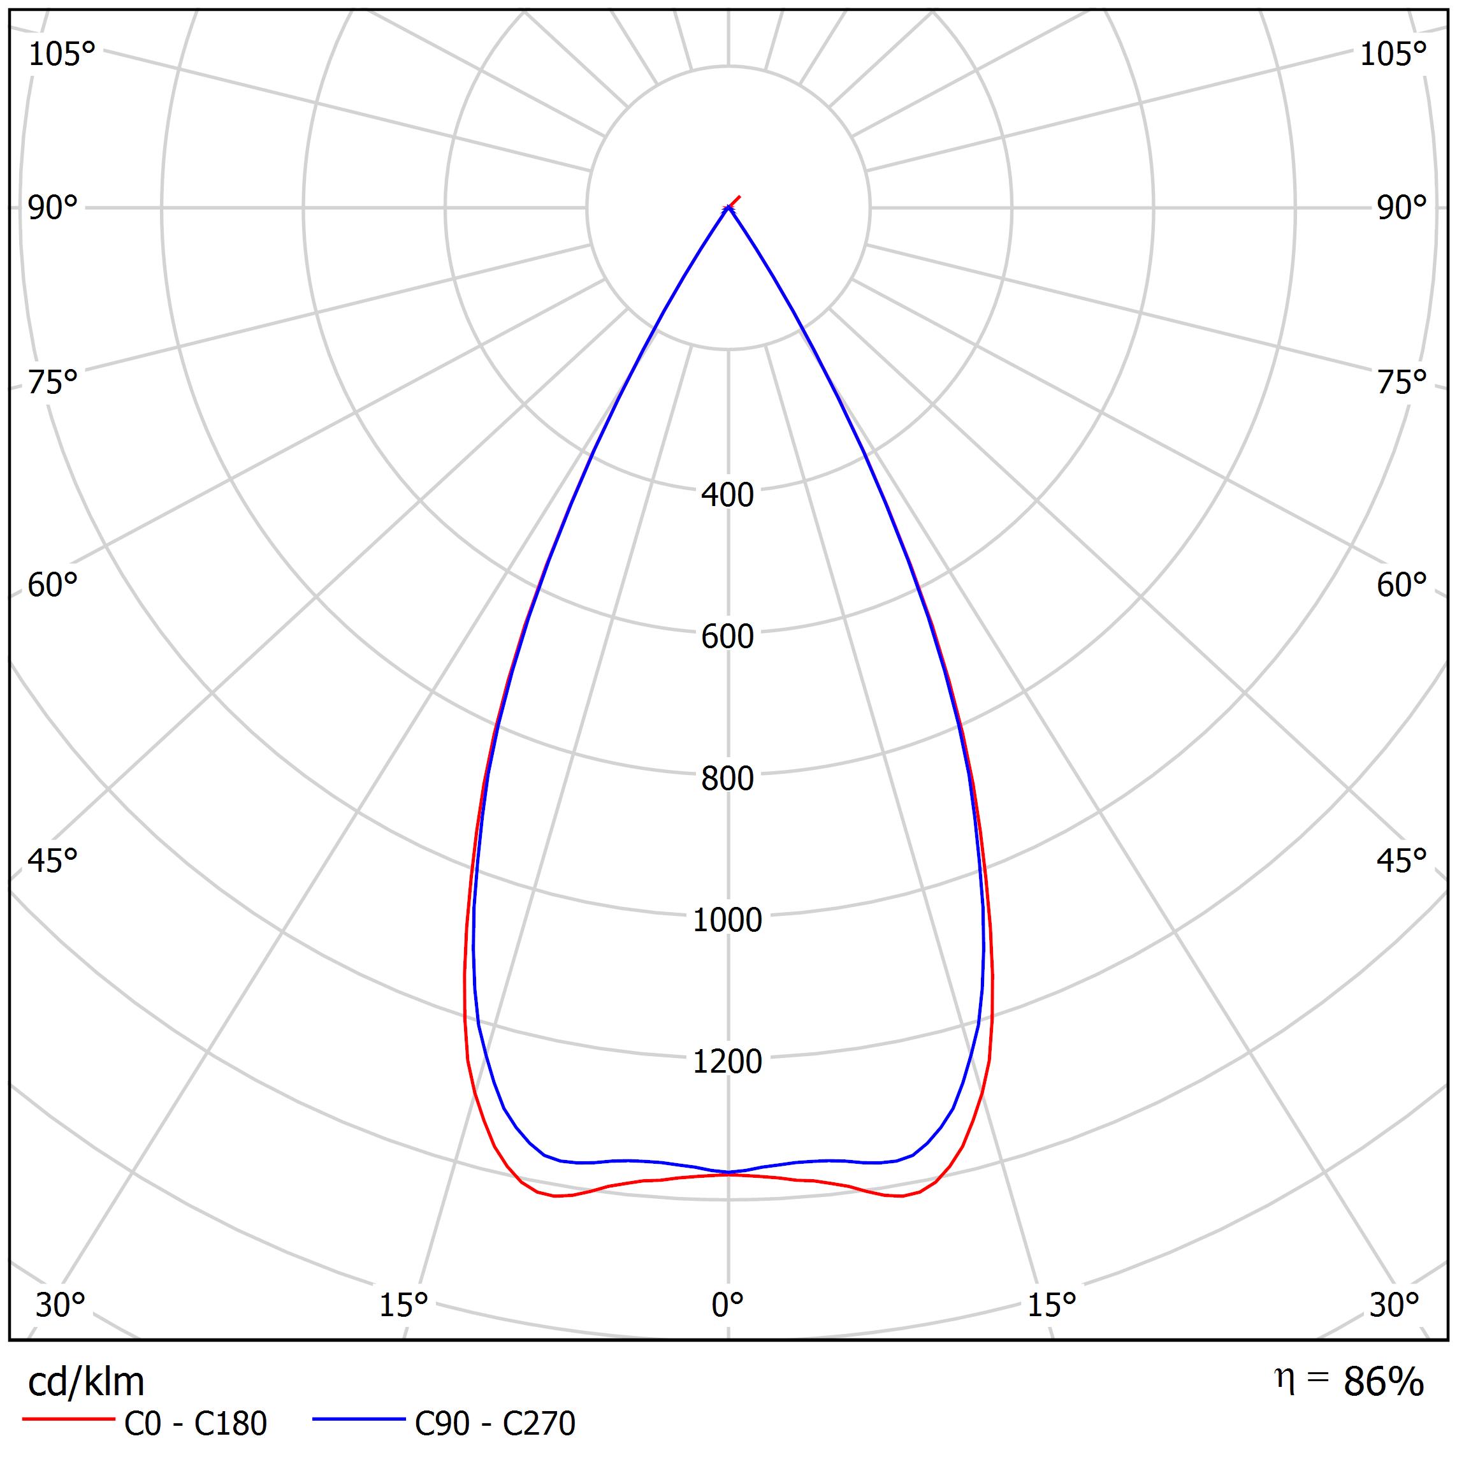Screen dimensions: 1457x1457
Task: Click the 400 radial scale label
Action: point(727,495)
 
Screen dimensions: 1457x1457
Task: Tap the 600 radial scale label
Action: point(727,637)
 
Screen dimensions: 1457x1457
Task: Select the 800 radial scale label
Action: point(727,779)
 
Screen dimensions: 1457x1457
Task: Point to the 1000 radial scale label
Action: point(727,921)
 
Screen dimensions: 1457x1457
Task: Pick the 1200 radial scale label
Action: point(727,1062)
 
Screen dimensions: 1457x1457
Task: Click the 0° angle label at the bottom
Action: point(727,1305)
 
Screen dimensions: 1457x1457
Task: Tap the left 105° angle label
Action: point(62,55)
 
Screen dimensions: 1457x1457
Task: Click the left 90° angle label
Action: point(53,208)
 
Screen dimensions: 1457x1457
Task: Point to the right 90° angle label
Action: point(1401,208)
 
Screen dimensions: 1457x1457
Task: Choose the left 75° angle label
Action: point(53,383)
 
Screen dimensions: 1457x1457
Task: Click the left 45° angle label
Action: point(53,861)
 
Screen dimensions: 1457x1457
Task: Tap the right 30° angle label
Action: point(1394,1305)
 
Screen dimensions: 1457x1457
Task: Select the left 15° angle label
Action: point(403,1305)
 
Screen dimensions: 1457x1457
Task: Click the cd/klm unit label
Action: point(86,1382)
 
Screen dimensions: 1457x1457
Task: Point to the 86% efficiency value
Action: point(1383,1382)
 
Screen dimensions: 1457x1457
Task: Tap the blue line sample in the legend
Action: point(359,1420)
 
